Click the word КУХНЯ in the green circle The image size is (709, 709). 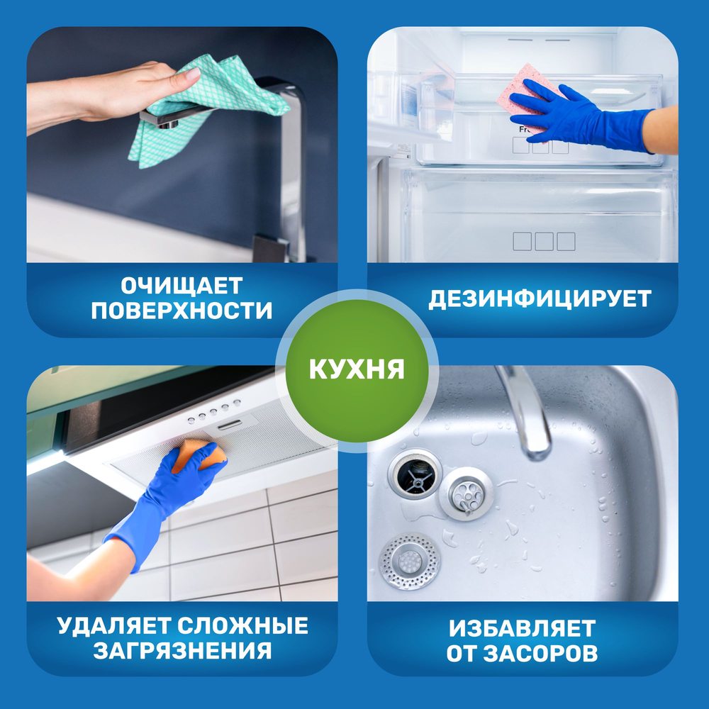(357, 369)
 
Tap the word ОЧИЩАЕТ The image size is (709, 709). (182, 285)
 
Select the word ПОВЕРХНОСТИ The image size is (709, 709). (182, 311)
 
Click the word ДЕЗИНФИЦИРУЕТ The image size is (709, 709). (540, 299)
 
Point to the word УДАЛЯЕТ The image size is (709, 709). (114, 626)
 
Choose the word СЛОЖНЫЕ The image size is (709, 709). (242, 626)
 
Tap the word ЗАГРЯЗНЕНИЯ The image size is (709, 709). (183, 651)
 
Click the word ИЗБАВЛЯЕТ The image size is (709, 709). (523, 628)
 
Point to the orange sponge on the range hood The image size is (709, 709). (199, 455)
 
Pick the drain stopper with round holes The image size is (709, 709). (466, 493)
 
